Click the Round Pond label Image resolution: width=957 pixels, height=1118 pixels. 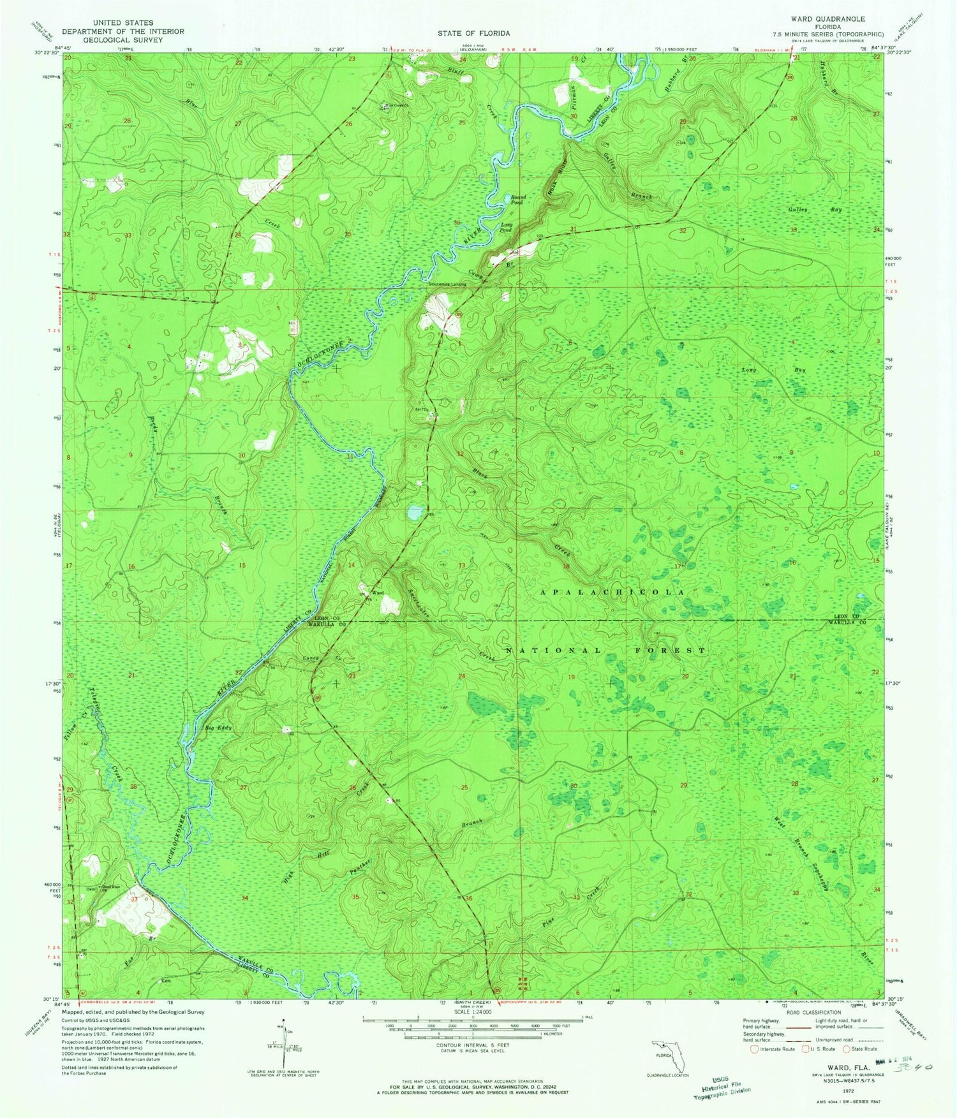point(517,200)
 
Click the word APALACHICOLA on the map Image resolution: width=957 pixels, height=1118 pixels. point(612,592)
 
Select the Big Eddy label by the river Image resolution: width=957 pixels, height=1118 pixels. point(218,728)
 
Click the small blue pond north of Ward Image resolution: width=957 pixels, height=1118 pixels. point(415,511)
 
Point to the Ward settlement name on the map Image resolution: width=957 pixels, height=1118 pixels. point(378,593)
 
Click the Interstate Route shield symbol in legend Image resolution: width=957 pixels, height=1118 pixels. point(755,1048)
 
